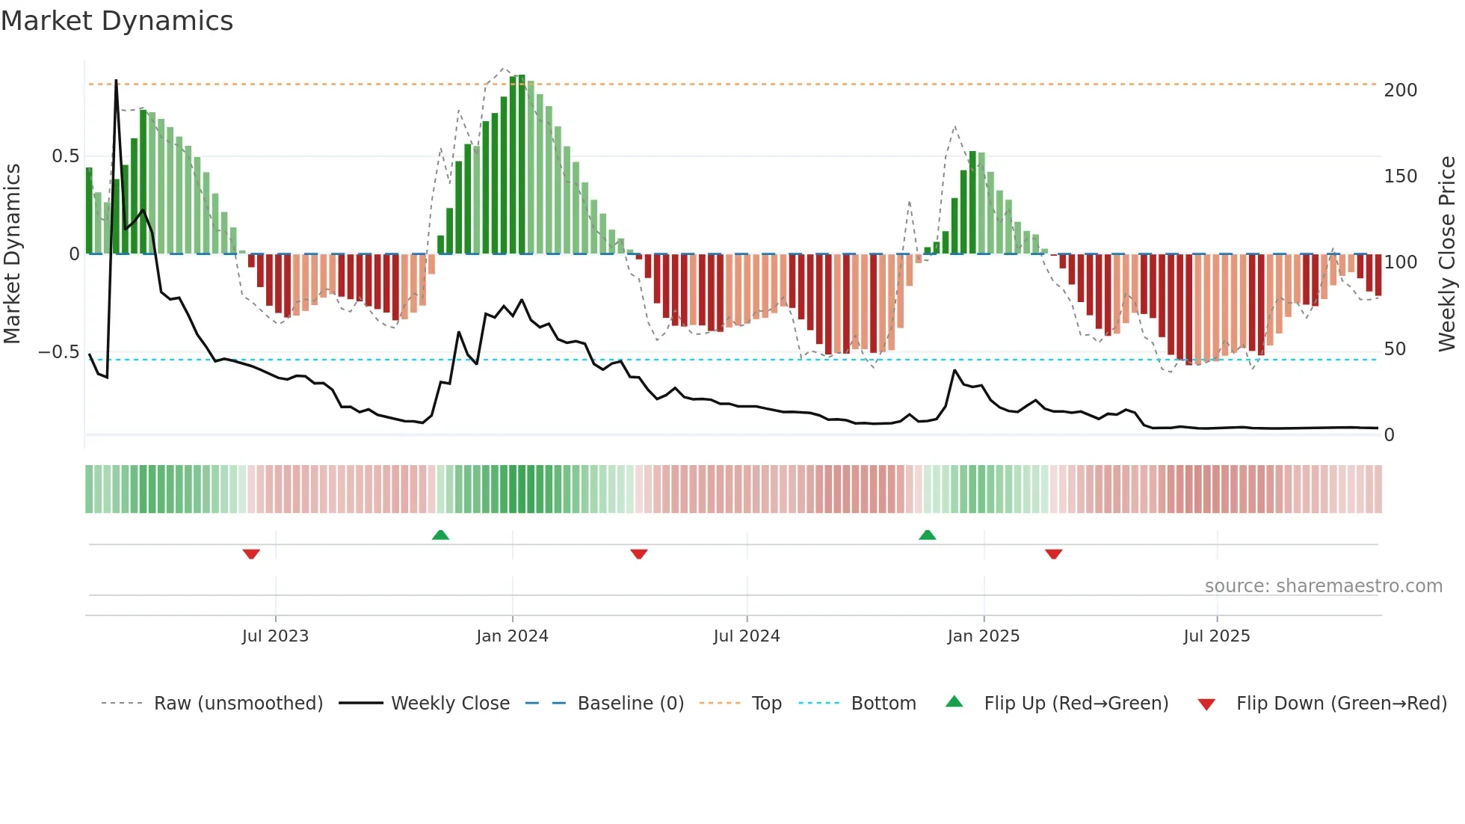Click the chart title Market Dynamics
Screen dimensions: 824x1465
click(x=117, y=21)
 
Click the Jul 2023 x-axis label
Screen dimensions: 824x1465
click(x=275, y=636)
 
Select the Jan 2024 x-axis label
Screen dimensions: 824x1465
click(x=512, y=636)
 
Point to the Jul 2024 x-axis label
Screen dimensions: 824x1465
click(x=746, y=636)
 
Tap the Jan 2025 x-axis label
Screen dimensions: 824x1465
click(x=983, y=636)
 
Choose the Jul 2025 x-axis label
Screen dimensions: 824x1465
click(x=1216, y=636)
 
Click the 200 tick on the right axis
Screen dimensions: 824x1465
click(x=1400, y=90)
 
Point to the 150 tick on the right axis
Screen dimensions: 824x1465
click(x=1400, y=176)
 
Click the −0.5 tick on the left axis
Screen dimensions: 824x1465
click(x=59, y=352)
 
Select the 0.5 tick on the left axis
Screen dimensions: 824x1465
click(x=65, y=156)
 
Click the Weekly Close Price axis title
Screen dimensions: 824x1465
click(x=1447, y=253)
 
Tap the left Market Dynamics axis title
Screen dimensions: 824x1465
click(x=12, y=253)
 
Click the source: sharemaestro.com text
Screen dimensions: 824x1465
click(x=1323, y=586)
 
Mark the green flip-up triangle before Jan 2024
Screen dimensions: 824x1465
click(x=440, y=535)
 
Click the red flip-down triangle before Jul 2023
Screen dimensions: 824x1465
click(x=251, y=554)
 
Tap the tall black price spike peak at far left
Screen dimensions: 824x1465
click(x=116, y=81)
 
